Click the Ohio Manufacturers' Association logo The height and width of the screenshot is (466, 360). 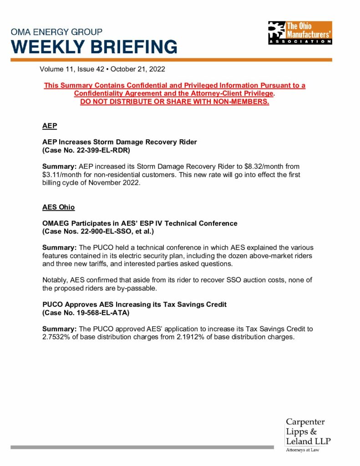click(300, 33)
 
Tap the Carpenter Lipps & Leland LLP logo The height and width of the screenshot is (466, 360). click(308, 432)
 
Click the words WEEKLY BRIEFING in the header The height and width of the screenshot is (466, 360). click(94, 47)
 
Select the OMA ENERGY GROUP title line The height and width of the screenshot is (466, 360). click(56, 32)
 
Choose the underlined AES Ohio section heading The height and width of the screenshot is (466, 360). click(58, 207)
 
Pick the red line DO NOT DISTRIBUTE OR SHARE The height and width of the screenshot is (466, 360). click(174, 101)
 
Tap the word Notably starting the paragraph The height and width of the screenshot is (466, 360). click(55, 280)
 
